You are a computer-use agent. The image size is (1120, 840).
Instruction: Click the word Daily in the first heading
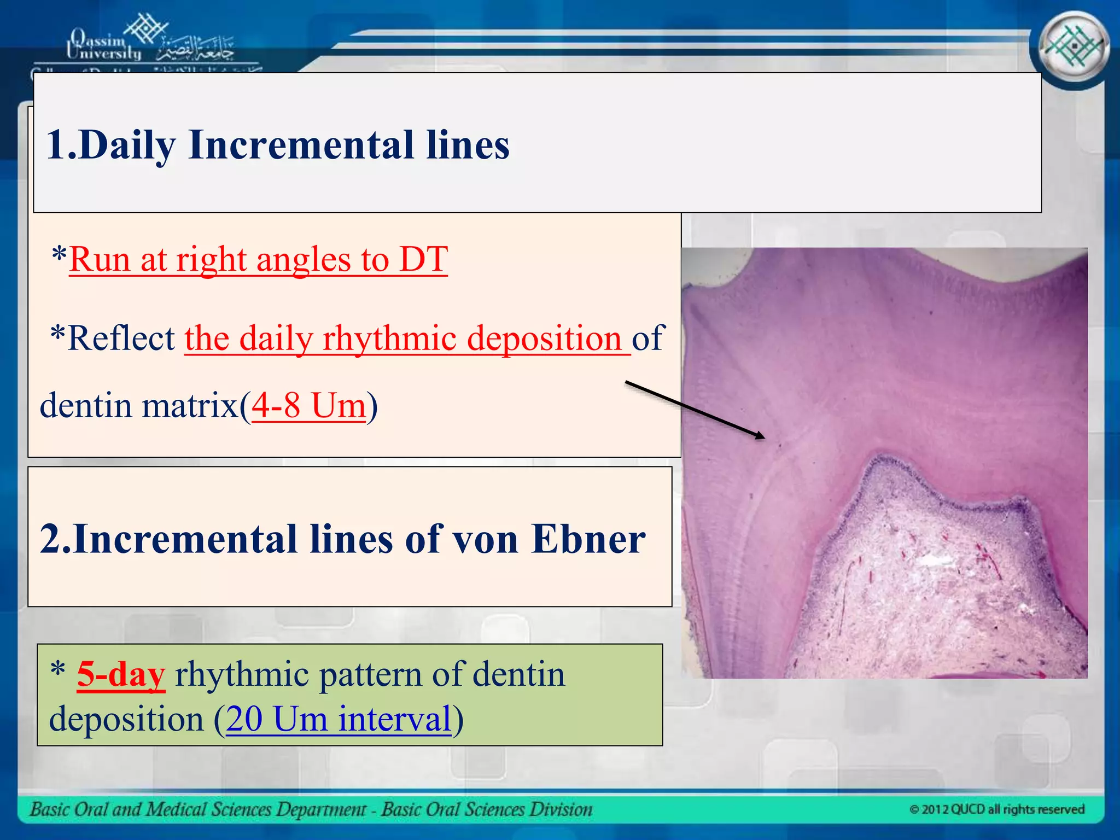(127, 145)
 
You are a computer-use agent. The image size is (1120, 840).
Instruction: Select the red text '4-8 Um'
(308, 406)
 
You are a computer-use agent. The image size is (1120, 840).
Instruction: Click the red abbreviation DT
(423, 259)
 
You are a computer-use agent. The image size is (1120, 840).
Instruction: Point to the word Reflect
(121, 338)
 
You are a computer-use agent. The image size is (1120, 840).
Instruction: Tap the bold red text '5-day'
(121, 674)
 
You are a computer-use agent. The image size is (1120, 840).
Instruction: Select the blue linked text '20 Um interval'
(339, 719)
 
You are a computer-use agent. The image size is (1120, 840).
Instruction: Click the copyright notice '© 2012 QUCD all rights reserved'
(996, 809)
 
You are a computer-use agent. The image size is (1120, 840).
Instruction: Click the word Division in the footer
(563, 809)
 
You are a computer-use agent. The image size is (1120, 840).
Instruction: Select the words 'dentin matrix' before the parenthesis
(139, 406)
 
